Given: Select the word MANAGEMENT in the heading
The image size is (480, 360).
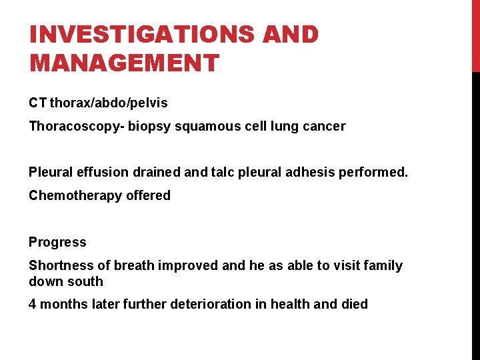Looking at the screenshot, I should tap(124, 63).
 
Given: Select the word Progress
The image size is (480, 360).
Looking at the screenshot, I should tap(57, 242).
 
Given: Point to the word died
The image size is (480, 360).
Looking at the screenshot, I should tap(355, 304).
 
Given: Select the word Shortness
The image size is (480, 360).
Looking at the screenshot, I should tap(59, 265).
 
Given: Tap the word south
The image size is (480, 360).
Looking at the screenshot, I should tap(85, 281).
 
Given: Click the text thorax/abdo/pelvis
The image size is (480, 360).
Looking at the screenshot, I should tap(109, 103).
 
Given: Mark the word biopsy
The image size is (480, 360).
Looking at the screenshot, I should tap(151, 126).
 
